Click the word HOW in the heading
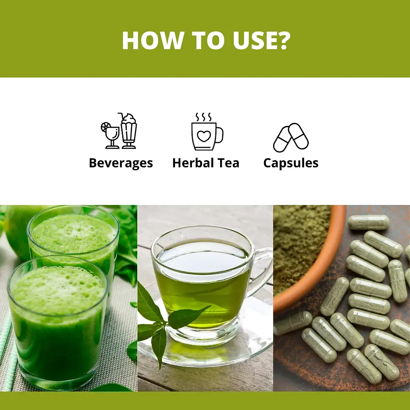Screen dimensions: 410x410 pos(152,40)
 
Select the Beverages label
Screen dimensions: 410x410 pos(121,163)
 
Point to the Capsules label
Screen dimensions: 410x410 pos(291,163)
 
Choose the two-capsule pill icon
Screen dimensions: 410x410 pos(291,138)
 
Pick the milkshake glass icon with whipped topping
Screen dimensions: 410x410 pos(129,131)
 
